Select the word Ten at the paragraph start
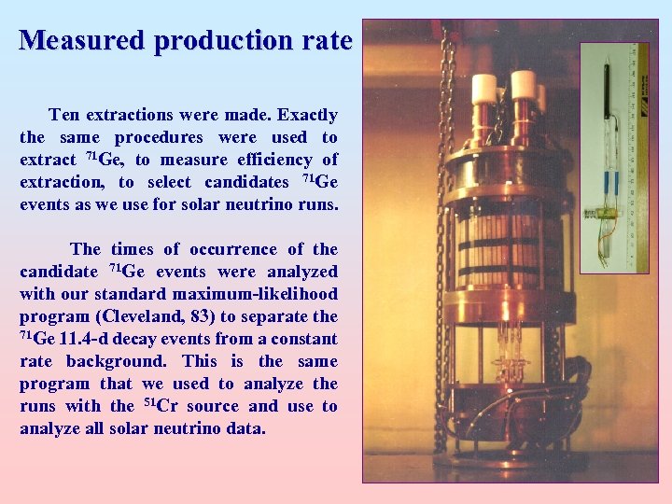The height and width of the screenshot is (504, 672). [x=64, y=116]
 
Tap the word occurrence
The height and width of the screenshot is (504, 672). [x=233, y=249]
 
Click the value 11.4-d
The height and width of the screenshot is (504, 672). [x=90, y=339]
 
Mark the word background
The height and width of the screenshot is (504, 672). [x=121, y=361]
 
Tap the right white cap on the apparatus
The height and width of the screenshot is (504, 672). [x=524, y=84]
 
